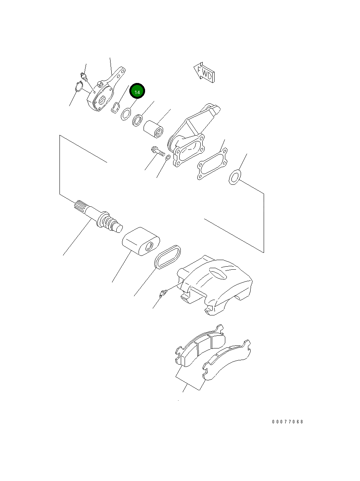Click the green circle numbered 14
click(137, 92)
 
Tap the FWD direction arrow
click(204, 72)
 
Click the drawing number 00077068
click(287, 421)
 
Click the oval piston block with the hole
click(139, 241)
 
